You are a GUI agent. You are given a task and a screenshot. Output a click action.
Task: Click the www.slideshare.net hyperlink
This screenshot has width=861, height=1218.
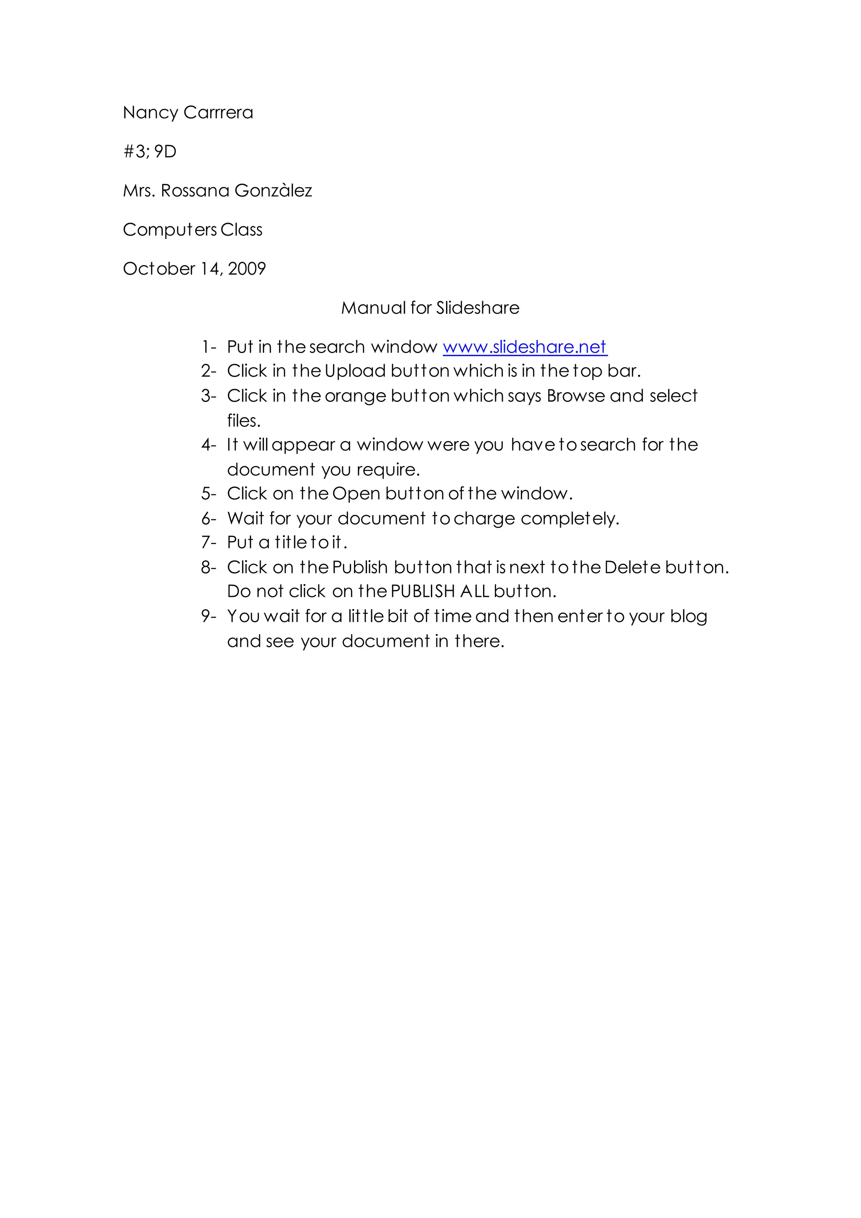point(524,347)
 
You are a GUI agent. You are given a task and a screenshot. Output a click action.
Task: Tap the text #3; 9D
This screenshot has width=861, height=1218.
point(150,152)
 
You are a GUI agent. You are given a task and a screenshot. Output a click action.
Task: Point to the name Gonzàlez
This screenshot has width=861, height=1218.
point(273,191)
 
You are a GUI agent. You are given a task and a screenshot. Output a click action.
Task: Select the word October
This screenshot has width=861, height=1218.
point(159,269)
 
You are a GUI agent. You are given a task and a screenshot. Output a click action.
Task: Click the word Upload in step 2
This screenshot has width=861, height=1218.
point(355,371)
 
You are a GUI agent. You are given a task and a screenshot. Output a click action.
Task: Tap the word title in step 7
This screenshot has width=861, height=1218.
point(291,542)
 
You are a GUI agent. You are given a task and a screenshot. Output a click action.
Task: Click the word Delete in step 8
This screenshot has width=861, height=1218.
point(632,568)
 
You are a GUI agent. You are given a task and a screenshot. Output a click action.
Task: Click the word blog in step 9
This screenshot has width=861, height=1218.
point(688,617)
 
